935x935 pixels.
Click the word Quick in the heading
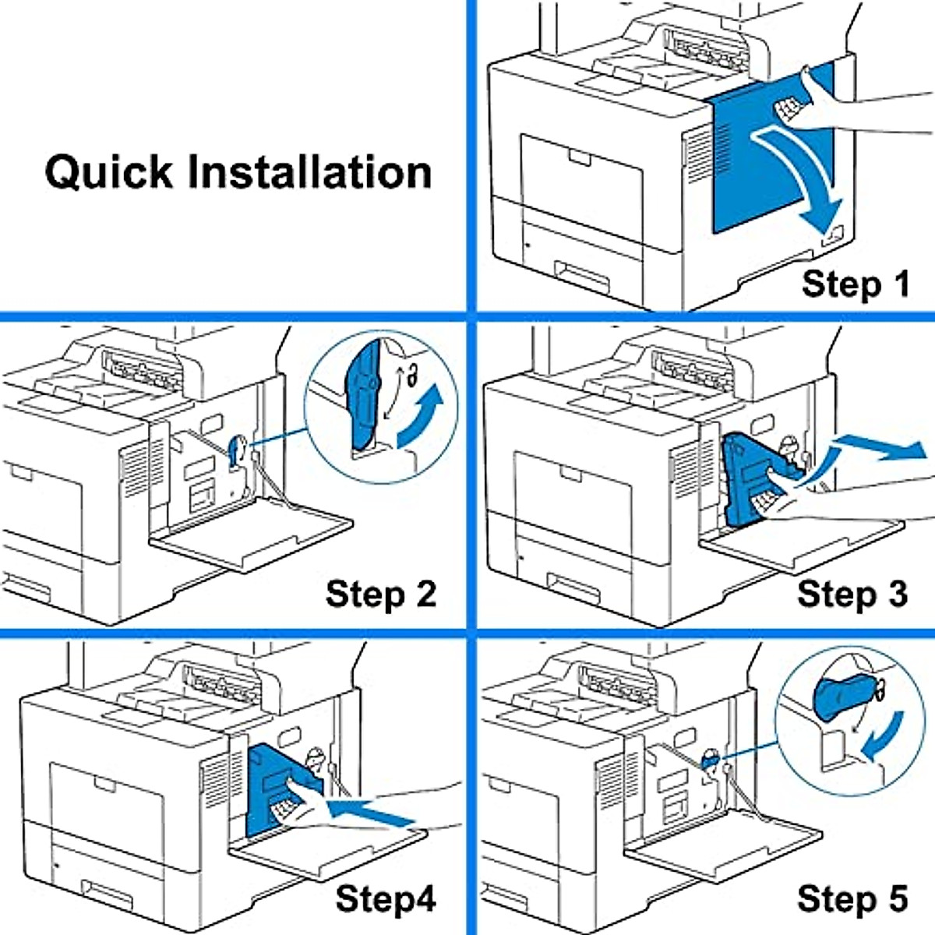click(x=108, y=172)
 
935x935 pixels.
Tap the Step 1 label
click(x=856, y=285)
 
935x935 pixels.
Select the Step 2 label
click(x=381, y=594)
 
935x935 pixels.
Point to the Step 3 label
click(x=852, y=594)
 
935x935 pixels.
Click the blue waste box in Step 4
click(x=281, y=790)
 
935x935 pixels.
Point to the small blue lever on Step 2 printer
click(x=235, y=451)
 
